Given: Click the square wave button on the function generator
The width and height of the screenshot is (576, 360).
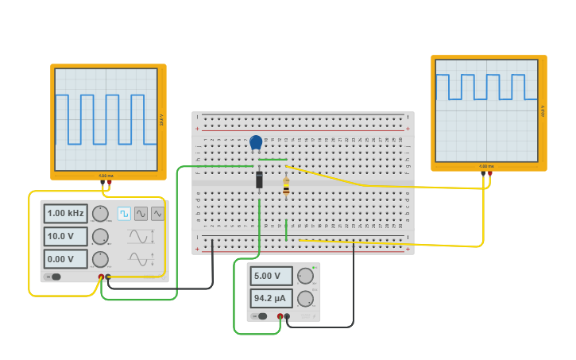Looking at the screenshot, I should [124, 213].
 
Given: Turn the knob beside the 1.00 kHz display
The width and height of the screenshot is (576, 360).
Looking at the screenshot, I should [100, 213].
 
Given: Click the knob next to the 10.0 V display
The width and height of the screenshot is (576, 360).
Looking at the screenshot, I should [100, 236].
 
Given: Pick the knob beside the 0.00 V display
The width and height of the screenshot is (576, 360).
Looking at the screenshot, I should [100, 259].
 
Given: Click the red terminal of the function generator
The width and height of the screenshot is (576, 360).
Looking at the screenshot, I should [101, 277].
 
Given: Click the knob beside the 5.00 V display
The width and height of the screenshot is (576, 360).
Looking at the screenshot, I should [305, 276].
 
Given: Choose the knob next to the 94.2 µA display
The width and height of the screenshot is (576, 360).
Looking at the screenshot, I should [305, 298].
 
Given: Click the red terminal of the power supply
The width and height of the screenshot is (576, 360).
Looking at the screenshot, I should [280, 316].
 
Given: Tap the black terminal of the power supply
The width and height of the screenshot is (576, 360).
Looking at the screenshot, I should [288, 316].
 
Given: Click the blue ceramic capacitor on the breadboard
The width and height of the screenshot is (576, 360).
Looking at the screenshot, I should [256, 143].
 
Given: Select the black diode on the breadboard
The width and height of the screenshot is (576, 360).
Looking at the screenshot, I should [259, 180].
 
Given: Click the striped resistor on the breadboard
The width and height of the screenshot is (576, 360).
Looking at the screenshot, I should [286, 187].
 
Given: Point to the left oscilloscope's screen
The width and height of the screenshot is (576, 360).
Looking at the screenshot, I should [106, 119].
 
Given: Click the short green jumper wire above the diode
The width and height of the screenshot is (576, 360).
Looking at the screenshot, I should [273, 159].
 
